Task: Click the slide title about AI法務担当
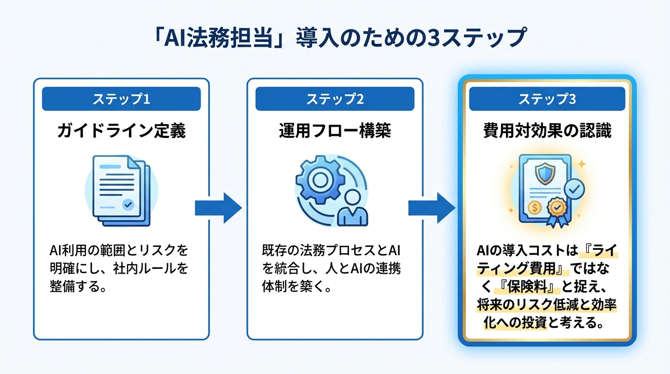tap(335, 38)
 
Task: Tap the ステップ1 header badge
tap(121, 99)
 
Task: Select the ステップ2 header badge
tap(335, 99)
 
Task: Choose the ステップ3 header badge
tap(547, 99)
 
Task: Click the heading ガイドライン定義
tap(121, 131)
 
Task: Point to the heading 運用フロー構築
tap(335, 131)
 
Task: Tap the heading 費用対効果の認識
tap(547, 131)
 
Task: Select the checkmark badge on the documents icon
tap(129, 205)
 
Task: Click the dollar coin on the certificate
tap(535, 207)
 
